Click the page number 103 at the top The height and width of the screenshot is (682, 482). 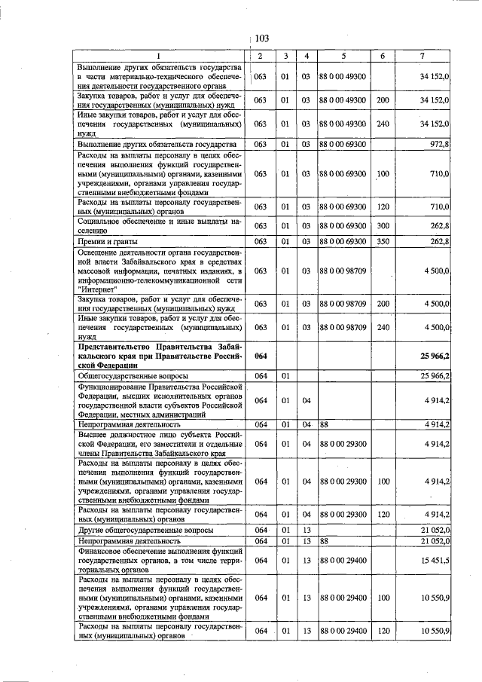(262, 38)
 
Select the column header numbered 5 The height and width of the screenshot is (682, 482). (343, 57)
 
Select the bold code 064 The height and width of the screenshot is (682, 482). (261, 354)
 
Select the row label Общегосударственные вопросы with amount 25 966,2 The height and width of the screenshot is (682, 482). (133, 375)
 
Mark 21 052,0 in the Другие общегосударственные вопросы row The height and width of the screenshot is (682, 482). (432, 531)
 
